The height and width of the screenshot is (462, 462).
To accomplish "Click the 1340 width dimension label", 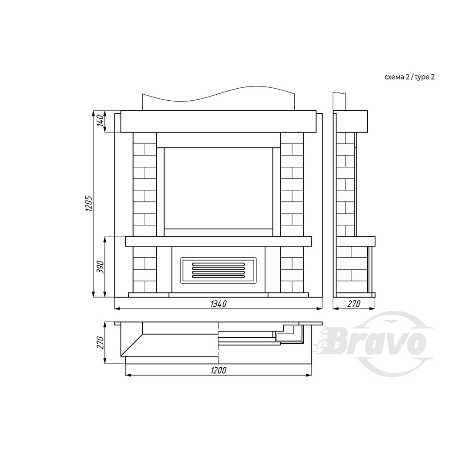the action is point(219,304).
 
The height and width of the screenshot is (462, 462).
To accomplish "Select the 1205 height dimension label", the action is point(89,203).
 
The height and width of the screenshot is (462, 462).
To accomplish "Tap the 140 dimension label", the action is point(100,121).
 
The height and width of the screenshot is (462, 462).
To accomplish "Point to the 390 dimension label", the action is point(100,267).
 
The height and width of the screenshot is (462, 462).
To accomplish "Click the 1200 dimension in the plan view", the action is point(219,371).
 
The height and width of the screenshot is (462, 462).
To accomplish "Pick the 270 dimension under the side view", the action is point(354,304).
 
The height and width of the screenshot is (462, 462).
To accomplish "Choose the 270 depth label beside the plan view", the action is point(100,343).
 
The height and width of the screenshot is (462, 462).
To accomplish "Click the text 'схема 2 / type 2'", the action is point(409,77).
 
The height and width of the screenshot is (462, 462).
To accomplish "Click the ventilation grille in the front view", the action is point(219,270).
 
